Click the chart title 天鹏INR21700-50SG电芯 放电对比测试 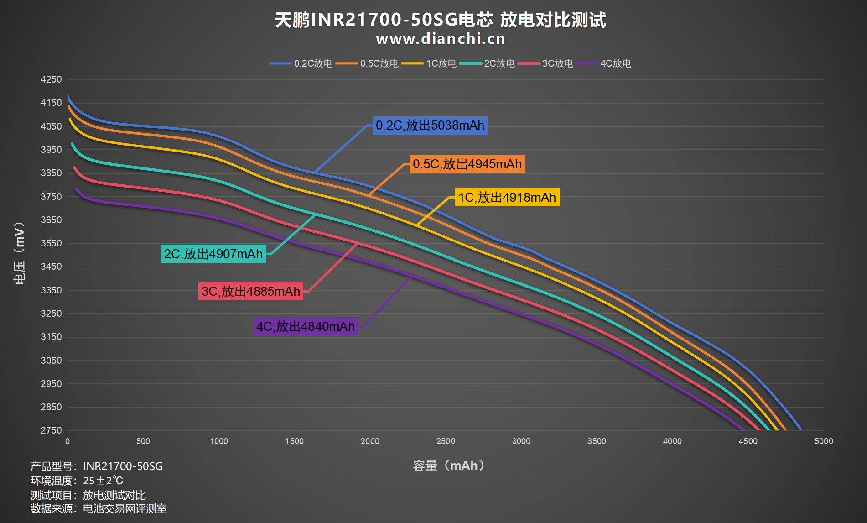(x=440, y=20)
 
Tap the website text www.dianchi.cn (x=441, y=39)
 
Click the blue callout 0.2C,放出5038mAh (x=430, y=126)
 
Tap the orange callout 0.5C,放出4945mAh (x=467, y=164)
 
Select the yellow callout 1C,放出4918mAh (x=507, y=198)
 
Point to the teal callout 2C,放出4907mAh (x=213, y=254)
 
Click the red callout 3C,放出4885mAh (x=251, y=292)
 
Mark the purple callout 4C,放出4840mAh (x=306, y=327)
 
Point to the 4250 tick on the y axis (x=51, y=79)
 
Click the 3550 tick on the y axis (x=51, y=243)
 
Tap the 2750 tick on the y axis (x=51, y=430)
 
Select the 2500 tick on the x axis (x=446, y=441)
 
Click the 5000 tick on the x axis (x=824, y=441)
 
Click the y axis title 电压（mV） (x=19, y=253)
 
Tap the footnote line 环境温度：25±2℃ (x=77, y=481)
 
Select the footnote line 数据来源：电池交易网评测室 (x=99, y=509)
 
